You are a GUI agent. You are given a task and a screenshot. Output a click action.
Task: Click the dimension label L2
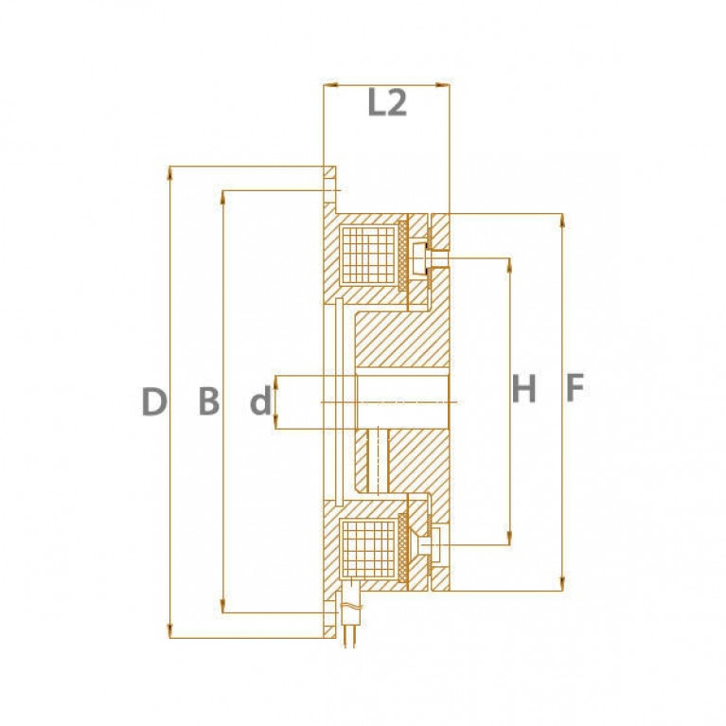[387, 102]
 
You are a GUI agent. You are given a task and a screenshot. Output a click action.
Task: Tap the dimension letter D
[153, 401]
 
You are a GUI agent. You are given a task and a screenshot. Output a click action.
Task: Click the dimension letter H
[523, 388]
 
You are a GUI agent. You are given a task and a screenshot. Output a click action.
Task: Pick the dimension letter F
[575, 387]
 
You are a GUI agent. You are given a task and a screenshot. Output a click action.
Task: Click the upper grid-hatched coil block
[368, 256]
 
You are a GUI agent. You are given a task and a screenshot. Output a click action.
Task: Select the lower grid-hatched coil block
[368, 549]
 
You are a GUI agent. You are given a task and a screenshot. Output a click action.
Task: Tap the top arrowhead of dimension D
[170, 171]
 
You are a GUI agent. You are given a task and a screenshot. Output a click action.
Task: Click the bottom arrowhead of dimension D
[170, 632]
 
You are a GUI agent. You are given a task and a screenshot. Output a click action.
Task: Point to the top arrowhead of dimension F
[562, 220]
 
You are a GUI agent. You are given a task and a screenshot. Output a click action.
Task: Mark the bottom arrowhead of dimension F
[562, 585]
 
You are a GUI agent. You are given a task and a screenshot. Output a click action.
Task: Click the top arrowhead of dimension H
[509, 264]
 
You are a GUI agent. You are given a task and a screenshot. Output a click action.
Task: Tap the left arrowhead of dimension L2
[329, 85]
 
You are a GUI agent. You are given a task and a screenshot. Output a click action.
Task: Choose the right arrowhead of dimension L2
[443, 85]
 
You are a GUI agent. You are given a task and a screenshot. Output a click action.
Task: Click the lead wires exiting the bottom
[350, 637]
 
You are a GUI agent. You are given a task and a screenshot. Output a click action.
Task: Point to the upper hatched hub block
[401, 340]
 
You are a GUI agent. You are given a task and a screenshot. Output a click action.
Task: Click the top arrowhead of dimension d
[276, 382]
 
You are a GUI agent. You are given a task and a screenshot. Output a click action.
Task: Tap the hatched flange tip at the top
[329, 172]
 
